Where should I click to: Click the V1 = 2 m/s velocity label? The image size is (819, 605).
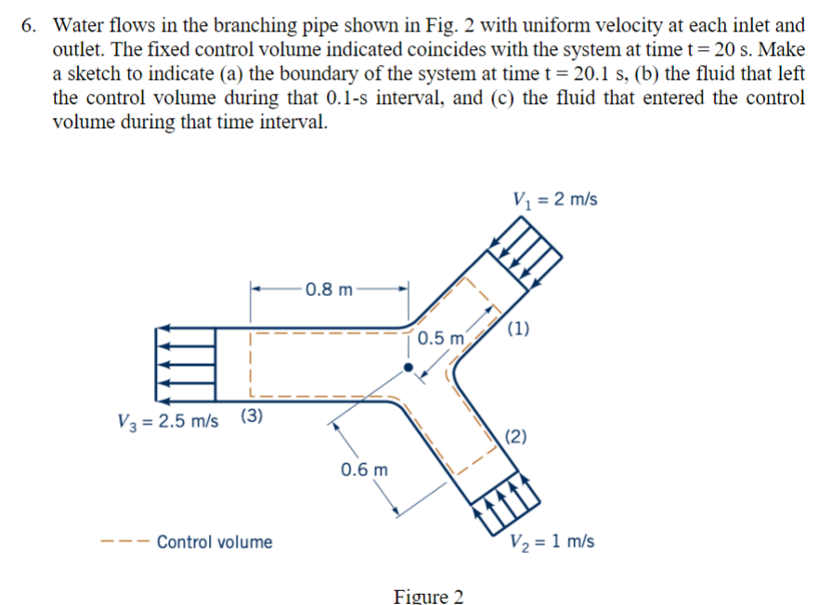click(554, 200)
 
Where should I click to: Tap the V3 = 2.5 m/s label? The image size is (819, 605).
click(167, 418)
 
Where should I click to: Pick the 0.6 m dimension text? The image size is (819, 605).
click(364, 469)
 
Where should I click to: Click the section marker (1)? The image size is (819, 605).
click(519, 328)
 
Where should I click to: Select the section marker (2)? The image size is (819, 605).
click(516, 437)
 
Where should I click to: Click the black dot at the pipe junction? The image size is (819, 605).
click(407, 367)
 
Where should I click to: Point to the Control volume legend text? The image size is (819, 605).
click(214, 542)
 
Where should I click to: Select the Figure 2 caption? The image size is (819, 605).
click(428, 595)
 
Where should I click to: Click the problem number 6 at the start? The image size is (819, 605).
click(30, 25)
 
